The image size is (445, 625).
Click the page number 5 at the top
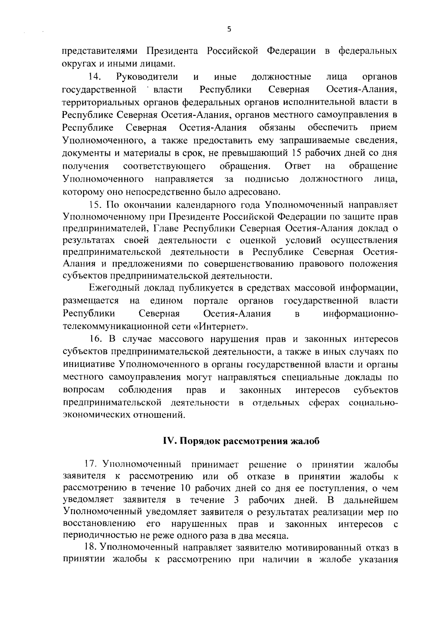pyautogui.click(x=229, y=30)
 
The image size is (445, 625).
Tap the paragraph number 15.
pyautogui.click(x=95, y=205)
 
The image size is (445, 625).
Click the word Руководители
pyautogui.click(x=147, y=77)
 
